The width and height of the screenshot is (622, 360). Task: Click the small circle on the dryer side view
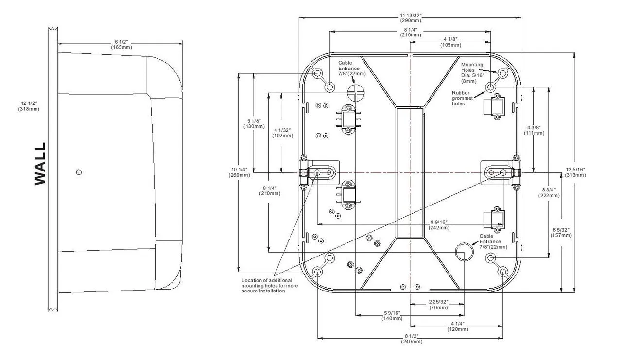click(79, 172)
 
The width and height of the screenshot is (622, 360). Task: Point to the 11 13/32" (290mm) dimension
click(410, 18)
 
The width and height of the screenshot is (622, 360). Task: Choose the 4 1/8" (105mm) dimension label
click(450, 42)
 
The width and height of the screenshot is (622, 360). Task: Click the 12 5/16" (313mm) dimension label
click(575, 172)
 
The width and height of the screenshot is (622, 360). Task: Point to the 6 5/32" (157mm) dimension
click(561, 232)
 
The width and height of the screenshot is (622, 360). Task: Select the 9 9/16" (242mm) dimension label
click(439, 224)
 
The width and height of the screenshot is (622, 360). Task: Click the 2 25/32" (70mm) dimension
click(439, 305)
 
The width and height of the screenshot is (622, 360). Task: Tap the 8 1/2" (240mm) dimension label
click(412, 339)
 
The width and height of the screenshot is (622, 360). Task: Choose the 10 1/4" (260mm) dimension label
click(238, 172)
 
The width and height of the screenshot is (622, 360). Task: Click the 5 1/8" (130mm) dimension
click(254, 123)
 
